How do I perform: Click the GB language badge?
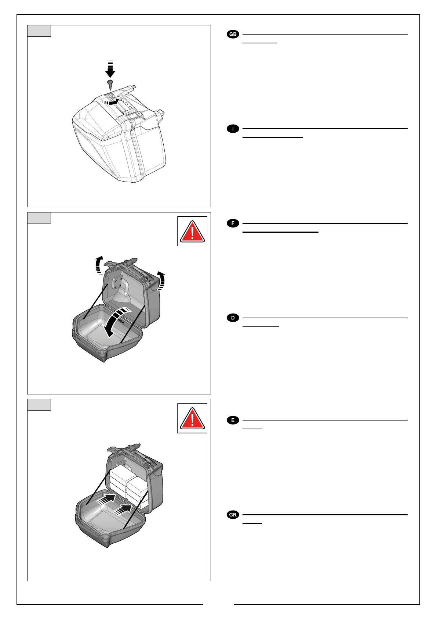point(233,35)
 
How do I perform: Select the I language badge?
point(233,129)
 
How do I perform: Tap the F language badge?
point(233,223)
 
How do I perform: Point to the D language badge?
point(233,318)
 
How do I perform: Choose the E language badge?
point(233,420)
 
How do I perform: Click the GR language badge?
point(233,515)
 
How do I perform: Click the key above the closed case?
point(110,83)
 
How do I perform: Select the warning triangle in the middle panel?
point(192,231)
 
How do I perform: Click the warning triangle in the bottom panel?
point(192,418)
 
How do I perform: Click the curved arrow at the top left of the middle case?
point(98,265)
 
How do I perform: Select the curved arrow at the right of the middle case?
point(161,280)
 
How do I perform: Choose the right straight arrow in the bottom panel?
point(123,510)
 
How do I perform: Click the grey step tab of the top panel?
point(39,31)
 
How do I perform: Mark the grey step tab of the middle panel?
point(39,218)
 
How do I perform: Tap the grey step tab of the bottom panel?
point(39,405)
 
